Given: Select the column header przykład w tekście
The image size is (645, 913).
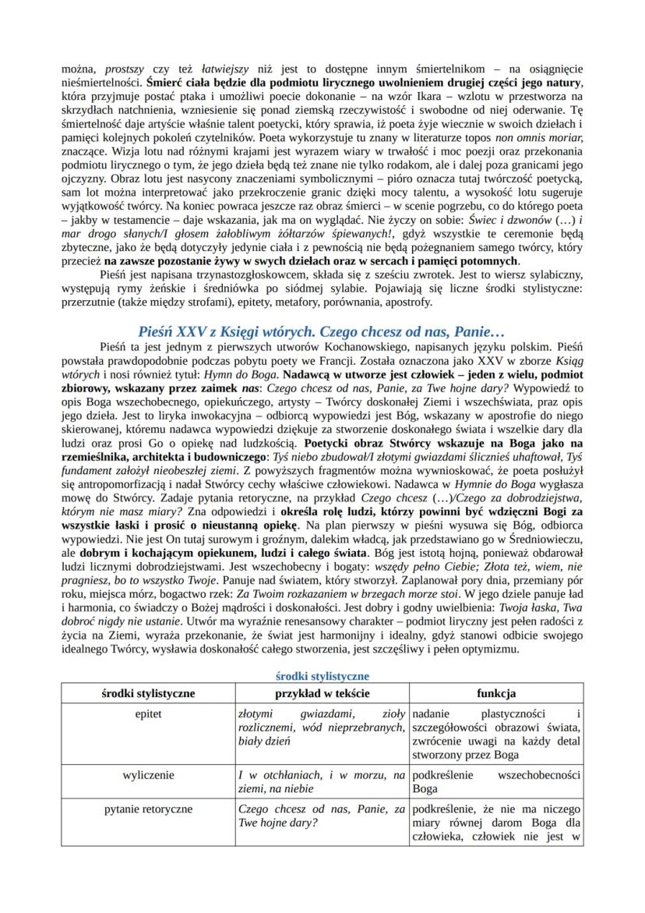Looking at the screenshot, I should pyautogui.click(x=321, y=693).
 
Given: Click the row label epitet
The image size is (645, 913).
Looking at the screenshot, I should pyautogui.click(x=148, y=713).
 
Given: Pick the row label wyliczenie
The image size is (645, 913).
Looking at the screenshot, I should pyautogui.click(x=148, y=775).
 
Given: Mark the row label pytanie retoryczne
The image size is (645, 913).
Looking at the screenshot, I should pyautogui.click(x=148, y=809).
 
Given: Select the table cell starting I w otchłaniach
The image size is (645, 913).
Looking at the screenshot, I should pyautogui.click(x=321, y=781).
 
